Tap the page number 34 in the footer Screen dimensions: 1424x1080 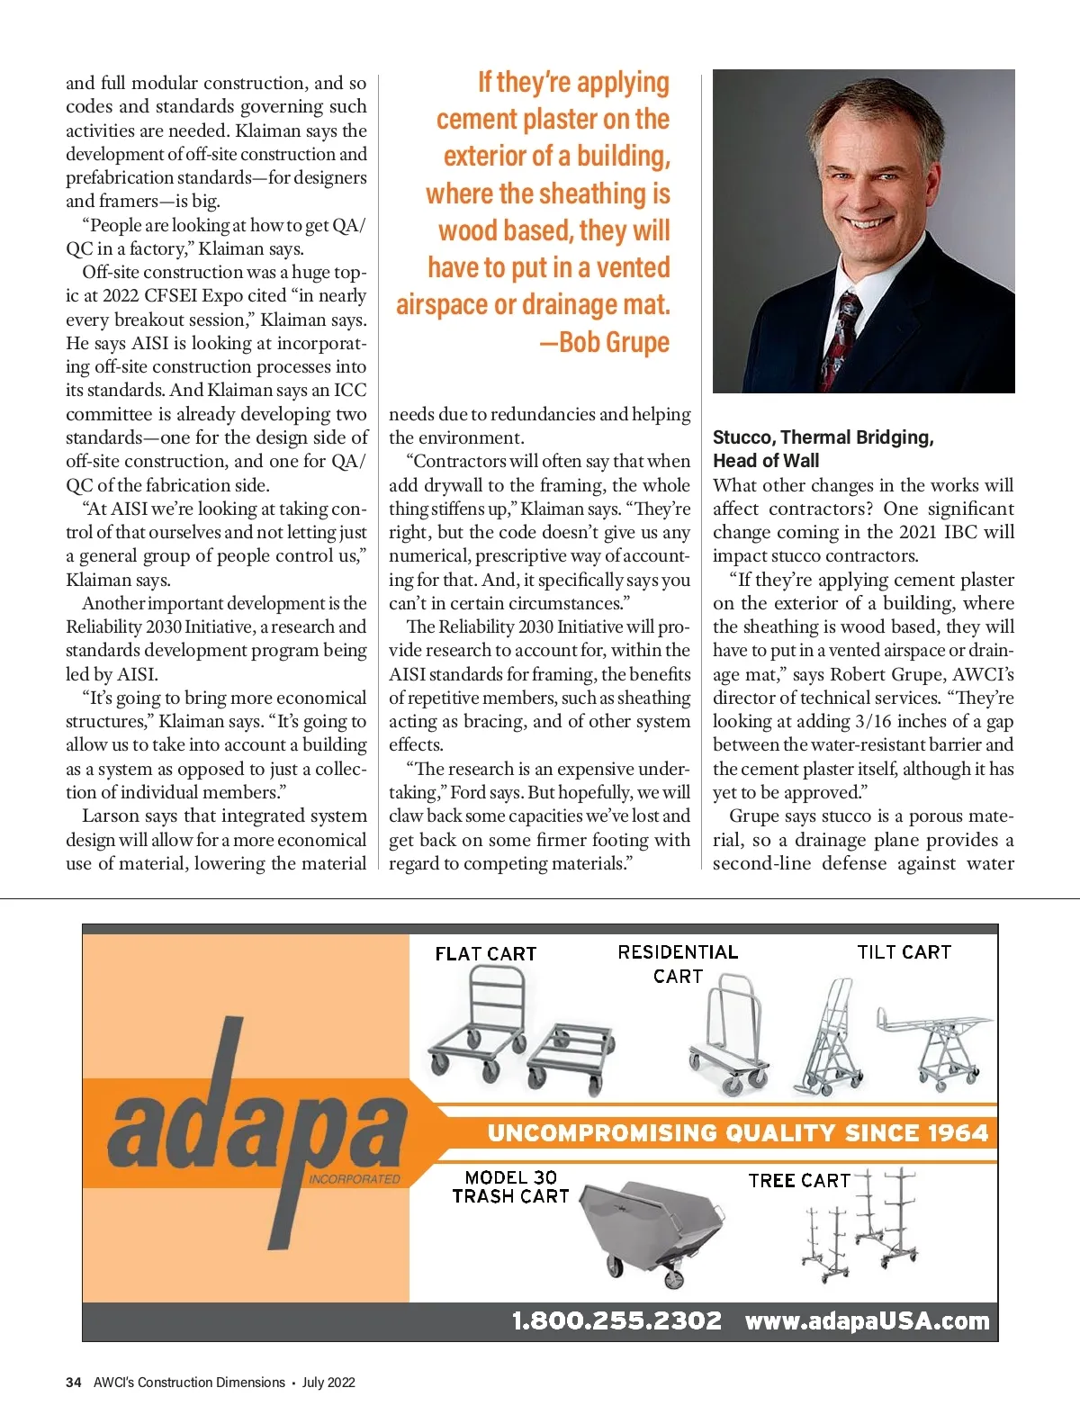pyautogui.click(x=74, y=1382)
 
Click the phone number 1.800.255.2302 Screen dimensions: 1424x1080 pyautogui.click(x=616, y=1320)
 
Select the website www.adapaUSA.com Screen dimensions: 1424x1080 pyautogui.click(x=867, y=1320)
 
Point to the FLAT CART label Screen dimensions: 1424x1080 pyautogui.click(x=485, y=953)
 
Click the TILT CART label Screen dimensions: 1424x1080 pyautogui.click(x=904, y=951)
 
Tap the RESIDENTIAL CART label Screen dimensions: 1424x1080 pyautogui.click(x=678, y=963)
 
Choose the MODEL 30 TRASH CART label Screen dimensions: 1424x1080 pyautogui.click(x=510, y=1186)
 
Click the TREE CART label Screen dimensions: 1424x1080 pyautogui.click(x=799, y=1180)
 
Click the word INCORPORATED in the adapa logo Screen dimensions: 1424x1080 pyautogui.click(x=354, y=1178)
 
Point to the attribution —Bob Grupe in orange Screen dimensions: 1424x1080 pyautogui.click(x=605, y=342)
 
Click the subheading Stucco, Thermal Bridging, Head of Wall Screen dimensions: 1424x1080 pyautogui.click(x=823, y=448)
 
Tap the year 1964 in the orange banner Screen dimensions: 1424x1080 pyautogui.click(x=958, y=1132)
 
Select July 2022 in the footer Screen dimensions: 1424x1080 pyautogui.click(x=328, y=1382)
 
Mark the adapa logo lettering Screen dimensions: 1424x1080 pyautogui.click(x=256, y=1116)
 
